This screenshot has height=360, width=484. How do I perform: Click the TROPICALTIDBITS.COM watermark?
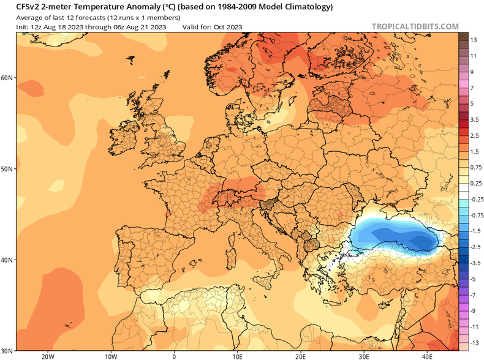coord(415,26)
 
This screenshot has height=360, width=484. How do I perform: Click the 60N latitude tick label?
coord(7,78)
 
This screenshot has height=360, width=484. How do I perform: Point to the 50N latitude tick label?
coord(7,168)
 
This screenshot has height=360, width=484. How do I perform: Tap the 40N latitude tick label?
coord(7,260)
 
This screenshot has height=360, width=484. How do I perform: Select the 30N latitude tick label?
coord(7,351)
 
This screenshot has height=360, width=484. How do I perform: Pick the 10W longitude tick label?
coord(111,356)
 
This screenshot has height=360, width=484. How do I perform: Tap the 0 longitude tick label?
coord(174,356)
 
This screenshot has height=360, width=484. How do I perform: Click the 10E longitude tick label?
coord(237,356)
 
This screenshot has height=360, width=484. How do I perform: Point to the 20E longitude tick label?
coord(300,356)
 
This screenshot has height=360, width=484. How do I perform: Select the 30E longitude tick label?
coord(364,356)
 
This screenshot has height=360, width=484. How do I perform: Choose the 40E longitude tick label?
coord(427,356)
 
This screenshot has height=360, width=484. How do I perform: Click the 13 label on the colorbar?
coord(474,40)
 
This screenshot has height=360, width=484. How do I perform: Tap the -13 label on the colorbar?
coord(473,341)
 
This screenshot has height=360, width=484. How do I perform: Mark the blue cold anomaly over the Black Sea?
coord(398,236)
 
